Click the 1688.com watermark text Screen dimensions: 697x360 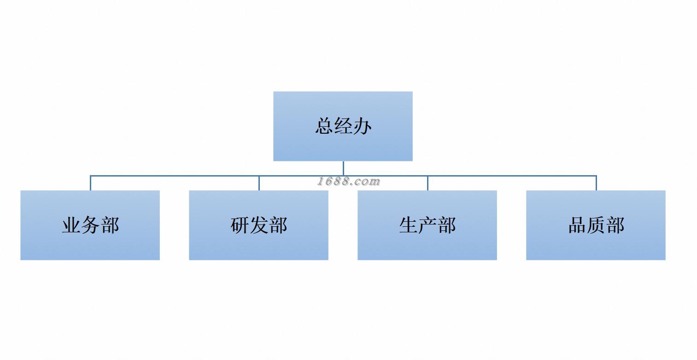coord(349,182)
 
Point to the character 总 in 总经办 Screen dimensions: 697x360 coord(324,126)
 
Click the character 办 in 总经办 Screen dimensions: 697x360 coord(362,126)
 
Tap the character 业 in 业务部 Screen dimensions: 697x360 coord(71,225)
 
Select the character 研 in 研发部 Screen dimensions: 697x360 coord(240,225)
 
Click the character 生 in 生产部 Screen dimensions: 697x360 coord(408,225)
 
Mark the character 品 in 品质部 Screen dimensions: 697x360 coord(577,225)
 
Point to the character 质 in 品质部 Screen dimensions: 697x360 coord(596,225)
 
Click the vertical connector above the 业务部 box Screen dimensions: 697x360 coord(90,183)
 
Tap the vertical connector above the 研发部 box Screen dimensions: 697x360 coord(259,183)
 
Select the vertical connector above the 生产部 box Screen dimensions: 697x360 coord(428,183)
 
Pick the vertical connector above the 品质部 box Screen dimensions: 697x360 coord(596,183)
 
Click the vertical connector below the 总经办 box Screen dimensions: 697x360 coord(343,168)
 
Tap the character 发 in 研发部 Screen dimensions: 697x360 coord(259,225)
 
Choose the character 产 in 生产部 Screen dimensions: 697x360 coord(428,225)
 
